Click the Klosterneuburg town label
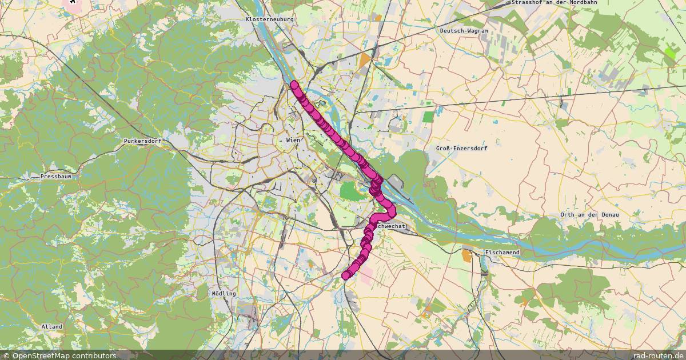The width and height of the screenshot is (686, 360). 269,19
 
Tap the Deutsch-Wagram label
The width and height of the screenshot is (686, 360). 464,30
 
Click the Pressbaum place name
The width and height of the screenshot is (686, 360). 56,177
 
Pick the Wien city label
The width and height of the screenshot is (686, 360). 293,140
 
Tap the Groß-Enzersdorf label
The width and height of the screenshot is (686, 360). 461,149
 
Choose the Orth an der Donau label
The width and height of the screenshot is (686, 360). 590,214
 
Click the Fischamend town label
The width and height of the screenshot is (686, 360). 502,252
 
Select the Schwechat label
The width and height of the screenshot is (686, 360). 392,226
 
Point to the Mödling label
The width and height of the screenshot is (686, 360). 223,293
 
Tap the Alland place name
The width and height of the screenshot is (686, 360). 52,326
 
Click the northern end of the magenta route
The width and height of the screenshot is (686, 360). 294,85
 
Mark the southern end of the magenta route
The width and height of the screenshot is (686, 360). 346,275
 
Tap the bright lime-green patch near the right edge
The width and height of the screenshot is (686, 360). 670,53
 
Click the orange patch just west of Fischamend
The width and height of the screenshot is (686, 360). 468,255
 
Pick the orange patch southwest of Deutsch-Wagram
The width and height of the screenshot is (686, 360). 365,59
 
